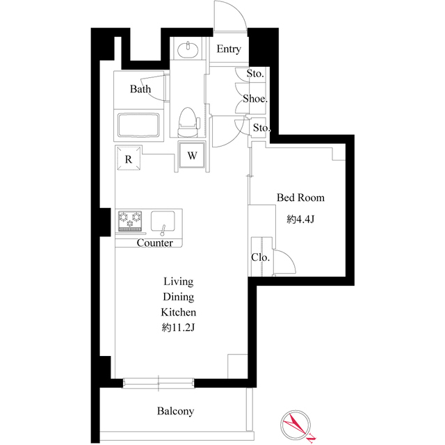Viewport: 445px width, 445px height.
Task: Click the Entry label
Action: point(229,49)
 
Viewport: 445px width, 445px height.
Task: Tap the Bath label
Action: point(140,89)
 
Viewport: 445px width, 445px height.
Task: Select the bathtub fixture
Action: point(140,125)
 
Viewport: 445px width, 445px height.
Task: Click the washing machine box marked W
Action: point(193,155)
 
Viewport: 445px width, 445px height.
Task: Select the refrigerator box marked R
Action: point(129,158)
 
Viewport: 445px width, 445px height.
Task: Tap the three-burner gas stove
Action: point(130,220)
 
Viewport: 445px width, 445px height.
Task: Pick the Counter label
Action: point(154,243)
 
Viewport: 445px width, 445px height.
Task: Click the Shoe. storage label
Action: point(255,99)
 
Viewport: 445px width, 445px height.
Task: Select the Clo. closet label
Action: point(261,257)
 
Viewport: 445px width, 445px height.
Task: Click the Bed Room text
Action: point(300,198)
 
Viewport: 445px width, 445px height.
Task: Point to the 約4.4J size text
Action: point(300,219)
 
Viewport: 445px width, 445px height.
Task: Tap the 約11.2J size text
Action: point(178,327)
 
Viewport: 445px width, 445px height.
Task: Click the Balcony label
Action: point(175,412)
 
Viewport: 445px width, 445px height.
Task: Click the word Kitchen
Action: point(179,312)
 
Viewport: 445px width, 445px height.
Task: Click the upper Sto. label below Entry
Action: point(255,74)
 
